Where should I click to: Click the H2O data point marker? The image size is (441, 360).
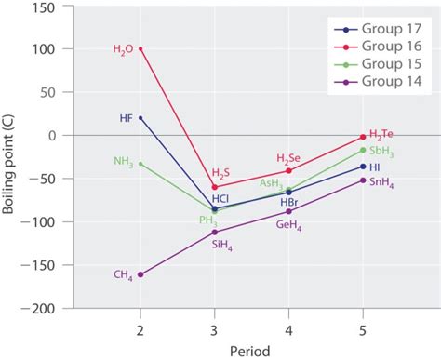140,48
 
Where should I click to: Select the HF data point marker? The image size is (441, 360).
140,118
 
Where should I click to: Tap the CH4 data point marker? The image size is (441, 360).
140,274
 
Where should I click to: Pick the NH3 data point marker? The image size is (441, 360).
140,164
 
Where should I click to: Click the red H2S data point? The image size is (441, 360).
215,187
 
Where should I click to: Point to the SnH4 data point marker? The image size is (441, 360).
363,180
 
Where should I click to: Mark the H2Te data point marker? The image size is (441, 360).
363,137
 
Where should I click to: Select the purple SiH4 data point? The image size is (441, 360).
215,232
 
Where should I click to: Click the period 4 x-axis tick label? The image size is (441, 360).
288,329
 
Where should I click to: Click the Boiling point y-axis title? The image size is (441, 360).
12,177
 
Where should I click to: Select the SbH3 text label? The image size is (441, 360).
381,150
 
